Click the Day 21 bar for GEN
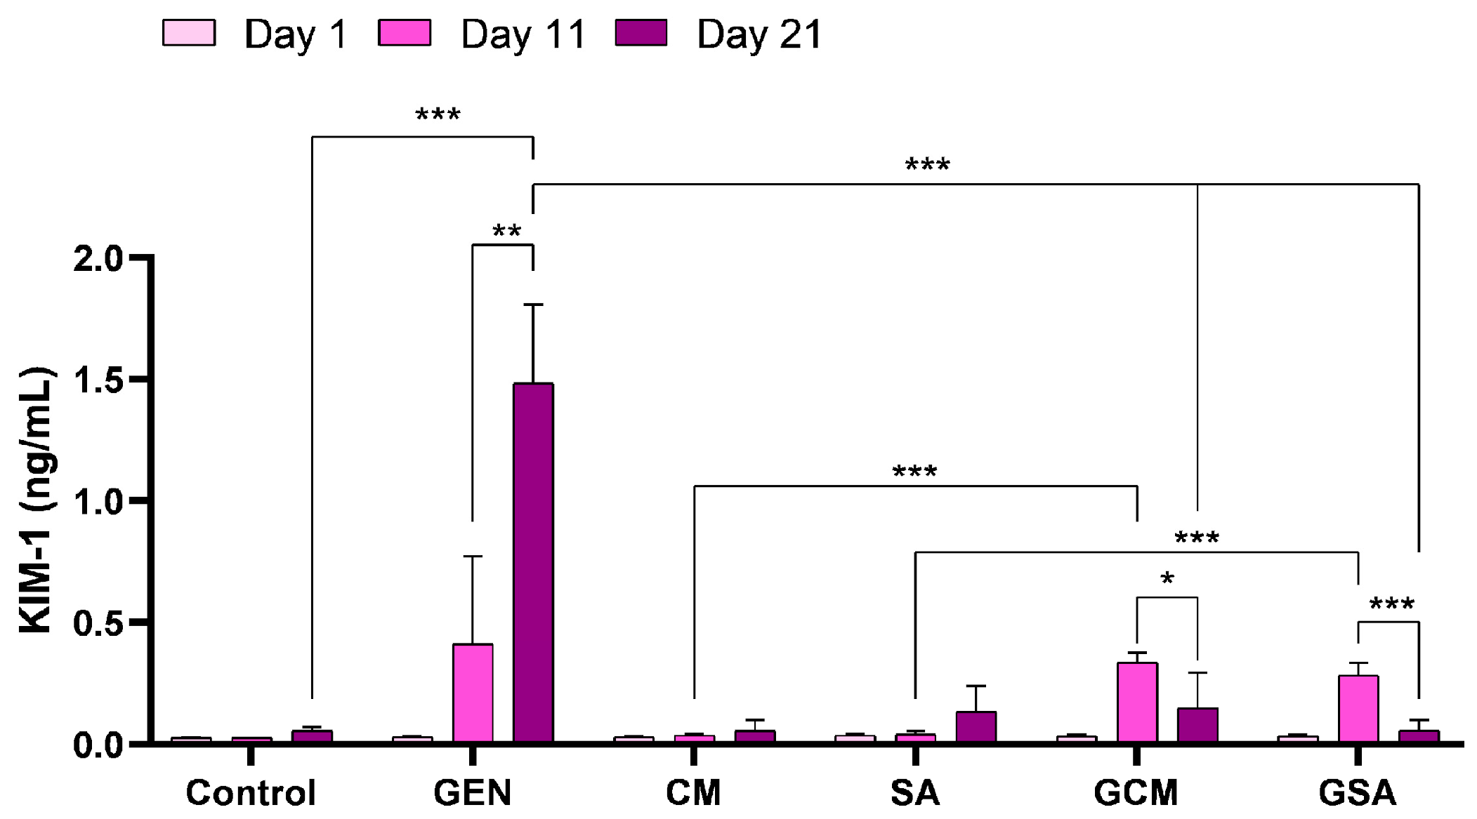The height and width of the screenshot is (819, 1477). point(533,561)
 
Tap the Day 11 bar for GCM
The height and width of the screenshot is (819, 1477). point(1137,702)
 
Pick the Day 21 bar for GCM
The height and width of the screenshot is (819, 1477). point(1197,725)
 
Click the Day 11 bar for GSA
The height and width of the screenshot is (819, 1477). point(1358,708)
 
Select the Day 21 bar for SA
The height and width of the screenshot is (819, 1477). point(976,727)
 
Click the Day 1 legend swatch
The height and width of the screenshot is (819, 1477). point(188,33)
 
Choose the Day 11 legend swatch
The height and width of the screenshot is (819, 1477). point(405,33)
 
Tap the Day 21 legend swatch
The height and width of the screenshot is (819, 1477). point(641,33)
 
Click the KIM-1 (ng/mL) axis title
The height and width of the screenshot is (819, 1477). point(37,500)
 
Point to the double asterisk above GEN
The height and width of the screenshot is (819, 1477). point(506,231)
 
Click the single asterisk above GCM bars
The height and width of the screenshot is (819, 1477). point(1167,580)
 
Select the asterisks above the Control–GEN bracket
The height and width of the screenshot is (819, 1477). point(438,114)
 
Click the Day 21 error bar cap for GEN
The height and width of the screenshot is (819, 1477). point(533,305)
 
